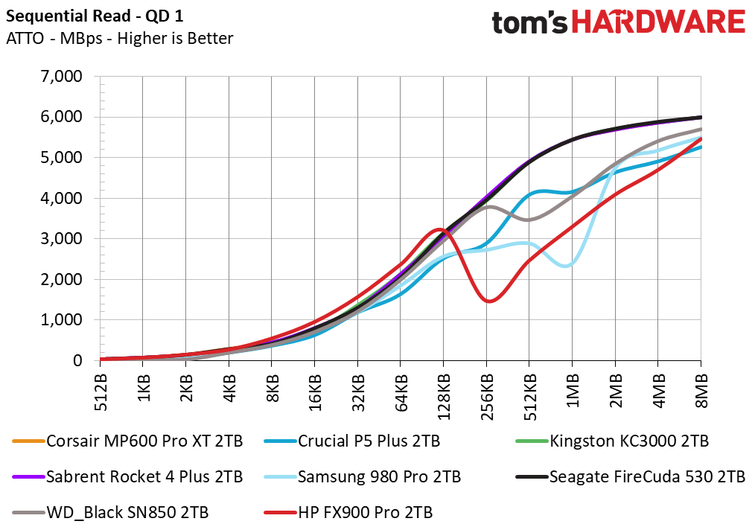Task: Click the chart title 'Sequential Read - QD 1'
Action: tap(95, 16)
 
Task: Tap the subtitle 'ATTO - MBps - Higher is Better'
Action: tap(119, 38)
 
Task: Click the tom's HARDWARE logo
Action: tap(618, 22)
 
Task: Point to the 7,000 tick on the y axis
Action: tap(62, 76)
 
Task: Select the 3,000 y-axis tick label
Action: tap(62, 238)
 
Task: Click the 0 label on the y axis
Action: tap(77, 360)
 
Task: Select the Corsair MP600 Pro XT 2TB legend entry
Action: tap(127, 441)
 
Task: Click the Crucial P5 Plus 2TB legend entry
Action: tap(352, 441)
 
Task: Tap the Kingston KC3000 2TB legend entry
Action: tap(613, 441)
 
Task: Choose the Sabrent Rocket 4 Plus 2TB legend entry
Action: tap(127, 476)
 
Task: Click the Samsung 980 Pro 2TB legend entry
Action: tap(363, 476)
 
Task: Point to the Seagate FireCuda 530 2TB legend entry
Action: tap(631, 476)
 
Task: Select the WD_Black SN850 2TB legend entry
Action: tap(110, 512)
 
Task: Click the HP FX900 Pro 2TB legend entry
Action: tap(348, 512)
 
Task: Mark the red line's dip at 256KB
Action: tap(489, 301)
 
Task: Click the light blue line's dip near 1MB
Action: tap(569, 265)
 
